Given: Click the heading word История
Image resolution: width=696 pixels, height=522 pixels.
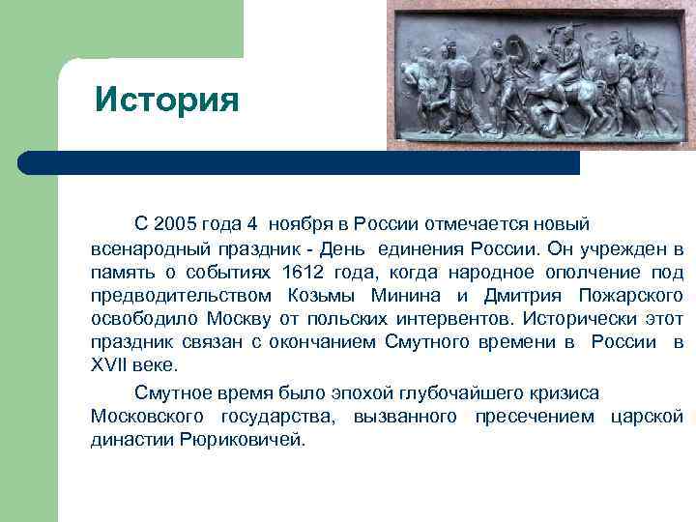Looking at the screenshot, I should point(166,100).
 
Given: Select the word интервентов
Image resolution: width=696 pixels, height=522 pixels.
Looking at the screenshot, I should point(457,318).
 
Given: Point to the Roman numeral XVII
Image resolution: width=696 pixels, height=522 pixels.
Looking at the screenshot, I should point(109,365).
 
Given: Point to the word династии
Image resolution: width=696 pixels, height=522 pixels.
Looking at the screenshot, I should point(131,440).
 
